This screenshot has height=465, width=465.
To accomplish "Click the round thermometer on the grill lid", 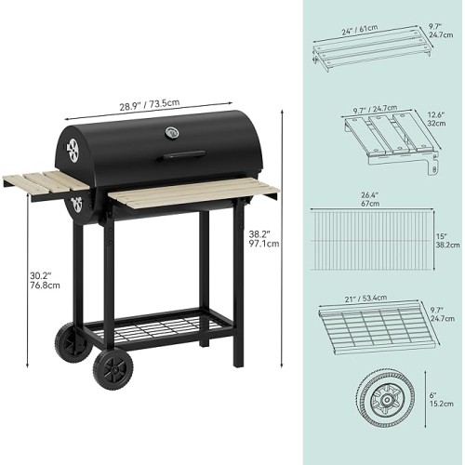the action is point(172,133).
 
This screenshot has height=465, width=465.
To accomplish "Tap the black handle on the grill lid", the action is point(181,154).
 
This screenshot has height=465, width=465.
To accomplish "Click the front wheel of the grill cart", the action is point(113,370).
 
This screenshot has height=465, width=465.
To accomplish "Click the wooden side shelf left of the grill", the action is point(46,184).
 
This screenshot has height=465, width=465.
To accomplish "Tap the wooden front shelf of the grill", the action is point(193,193).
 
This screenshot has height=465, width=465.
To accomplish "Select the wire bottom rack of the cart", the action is point(157,328).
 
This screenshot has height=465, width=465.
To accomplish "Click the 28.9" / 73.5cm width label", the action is point(150,105).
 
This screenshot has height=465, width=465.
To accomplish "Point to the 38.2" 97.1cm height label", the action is point(264,238).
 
